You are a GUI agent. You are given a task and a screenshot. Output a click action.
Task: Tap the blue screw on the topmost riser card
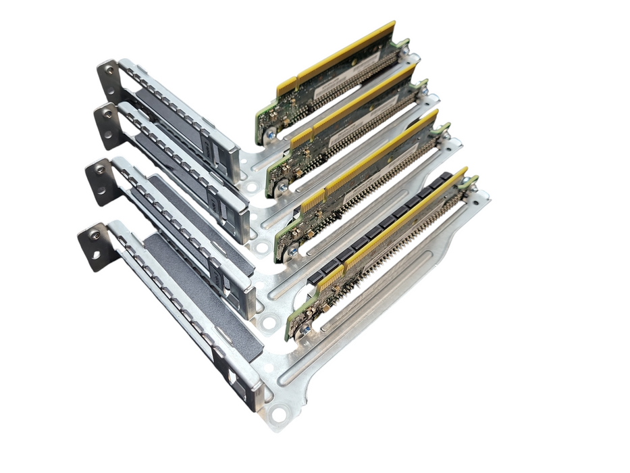click(270, 134)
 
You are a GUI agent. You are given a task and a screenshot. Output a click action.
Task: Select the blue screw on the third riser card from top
click(292, 249)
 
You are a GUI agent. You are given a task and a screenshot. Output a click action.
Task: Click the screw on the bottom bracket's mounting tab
click(95, 235)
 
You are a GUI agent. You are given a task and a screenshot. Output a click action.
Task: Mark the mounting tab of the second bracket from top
click(107, 124)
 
